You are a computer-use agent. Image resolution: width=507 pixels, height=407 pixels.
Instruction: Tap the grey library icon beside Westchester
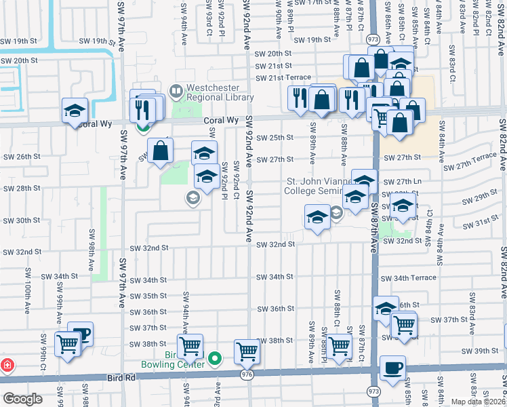[176, 90]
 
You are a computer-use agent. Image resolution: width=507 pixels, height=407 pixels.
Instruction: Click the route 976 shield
[247, 374]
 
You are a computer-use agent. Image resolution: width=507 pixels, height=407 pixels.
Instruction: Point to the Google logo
[22, 399]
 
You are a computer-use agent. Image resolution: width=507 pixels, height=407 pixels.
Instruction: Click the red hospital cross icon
[6, 364]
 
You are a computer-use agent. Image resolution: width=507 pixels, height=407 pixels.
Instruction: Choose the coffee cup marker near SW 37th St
[81, 334]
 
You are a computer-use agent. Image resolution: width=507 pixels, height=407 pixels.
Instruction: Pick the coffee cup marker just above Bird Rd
[392, 368]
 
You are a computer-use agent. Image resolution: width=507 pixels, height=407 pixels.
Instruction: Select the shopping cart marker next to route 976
[247, 351]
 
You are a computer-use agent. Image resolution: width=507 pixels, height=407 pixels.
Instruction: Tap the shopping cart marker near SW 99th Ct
[68, 345]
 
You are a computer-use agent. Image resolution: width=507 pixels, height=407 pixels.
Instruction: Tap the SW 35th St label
[148, 296]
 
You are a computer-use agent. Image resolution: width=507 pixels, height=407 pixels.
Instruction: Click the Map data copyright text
[479, 402]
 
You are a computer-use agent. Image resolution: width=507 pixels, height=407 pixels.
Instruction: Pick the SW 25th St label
[275, 138]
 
